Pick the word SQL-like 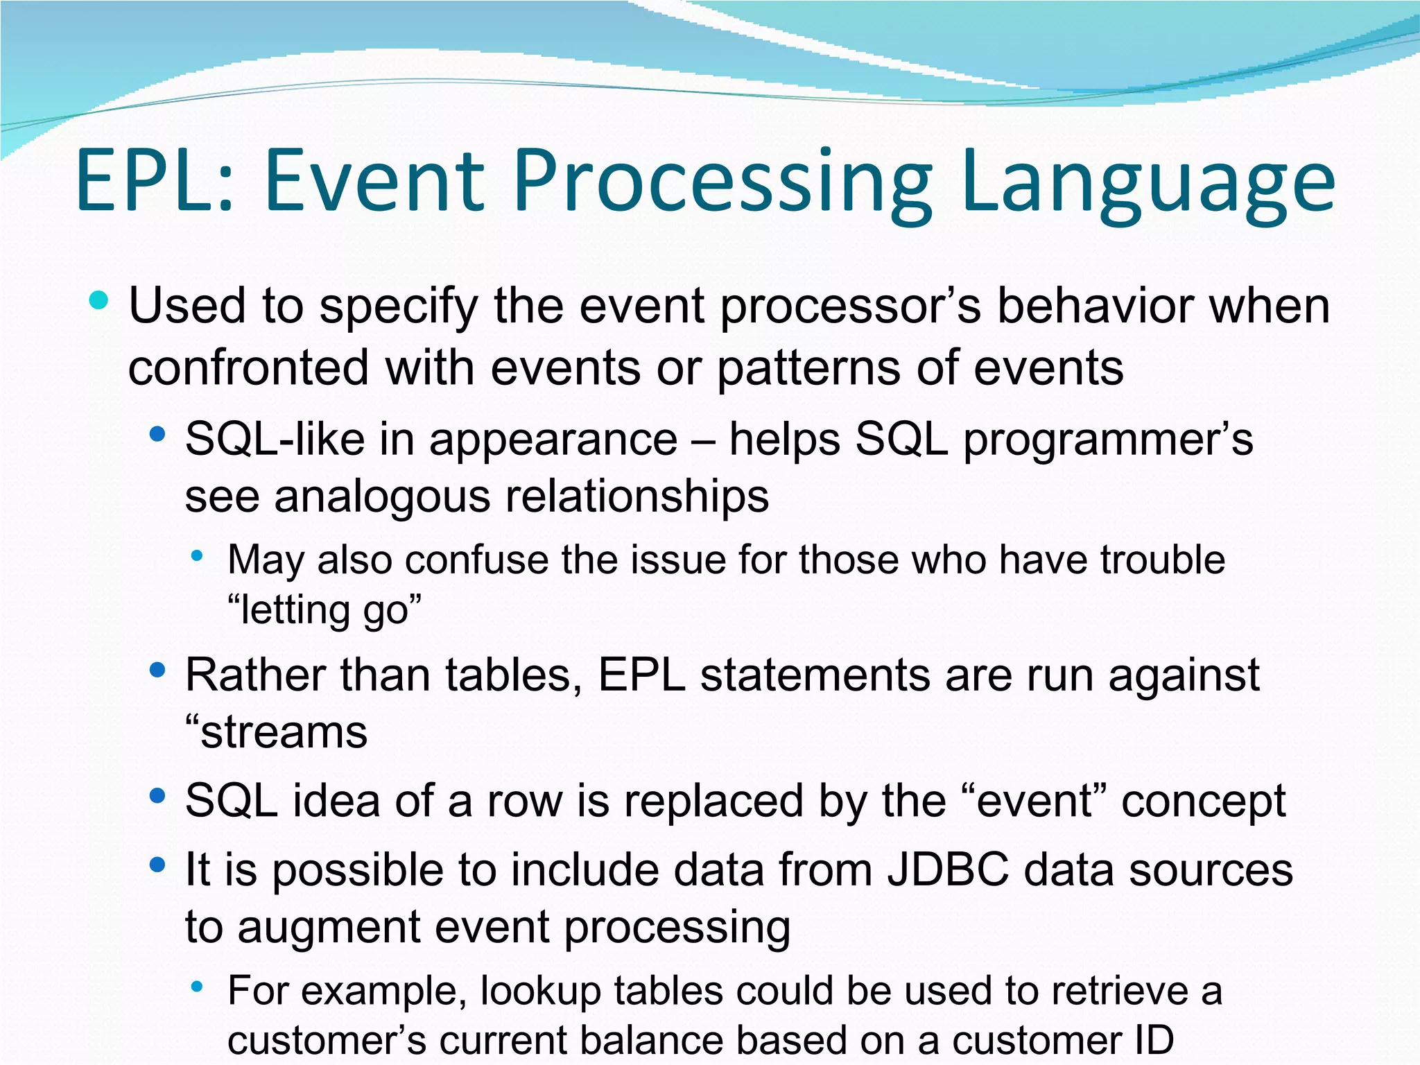pos(274,440)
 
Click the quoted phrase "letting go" pos(324,610)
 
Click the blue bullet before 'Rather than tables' pos(157,670)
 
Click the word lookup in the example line pos(540,990)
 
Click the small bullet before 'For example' pos(198,986)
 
